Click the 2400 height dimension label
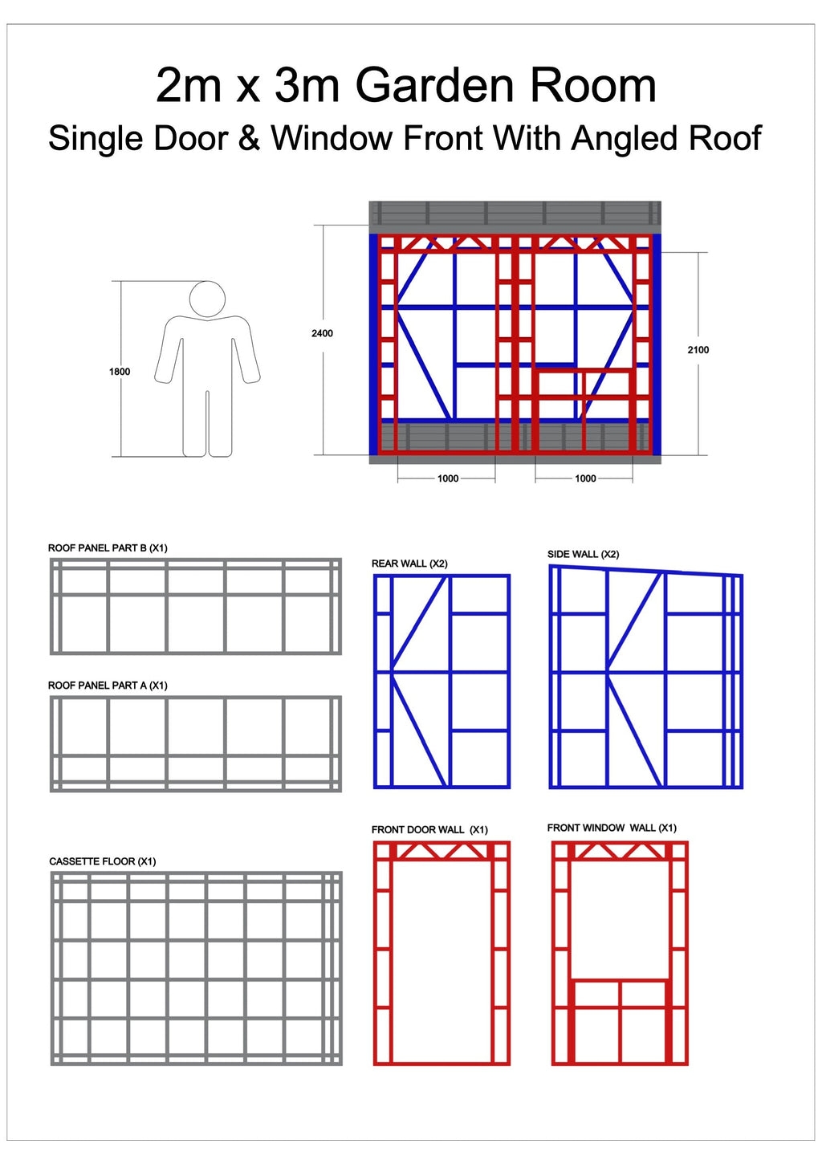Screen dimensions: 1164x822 pos(322,333)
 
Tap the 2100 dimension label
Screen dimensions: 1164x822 pos(698,350)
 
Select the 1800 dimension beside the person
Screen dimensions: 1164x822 pos(120,372)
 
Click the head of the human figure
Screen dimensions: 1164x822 pos(207,299)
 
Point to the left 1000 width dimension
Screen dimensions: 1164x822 pos(447,478)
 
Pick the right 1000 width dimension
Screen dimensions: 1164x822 pos(585,478)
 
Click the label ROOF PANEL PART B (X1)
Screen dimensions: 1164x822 pos(108,548)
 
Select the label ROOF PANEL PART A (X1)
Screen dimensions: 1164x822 pos(108,686)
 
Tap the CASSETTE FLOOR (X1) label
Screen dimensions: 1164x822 pos(103,861)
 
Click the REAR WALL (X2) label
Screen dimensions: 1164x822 pos(409,564)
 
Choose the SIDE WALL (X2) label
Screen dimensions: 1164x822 pos(584,554)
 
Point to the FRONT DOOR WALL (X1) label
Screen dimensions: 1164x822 pos(429,830)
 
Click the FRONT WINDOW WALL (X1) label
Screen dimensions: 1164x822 pos(612,828)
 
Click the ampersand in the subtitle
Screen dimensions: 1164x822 pos(250,138)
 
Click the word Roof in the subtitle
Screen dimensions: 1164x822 pos(726,138)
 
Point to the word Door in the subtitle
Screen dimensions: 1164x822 pos(191,138)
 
